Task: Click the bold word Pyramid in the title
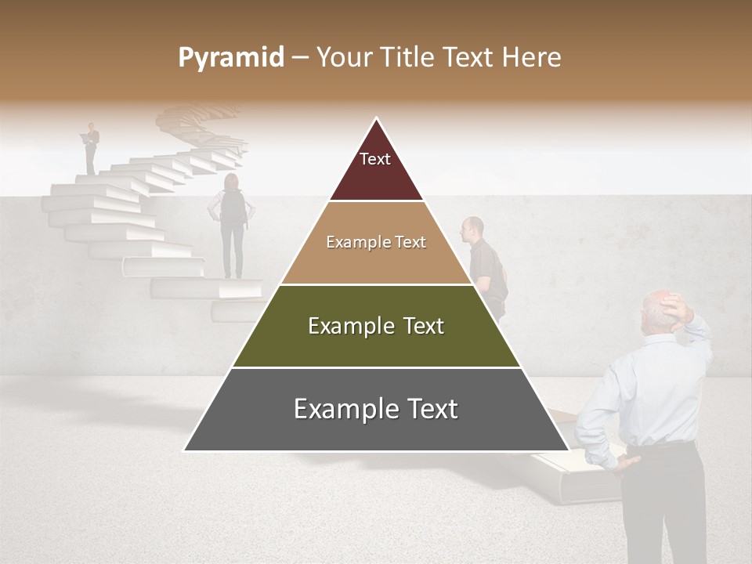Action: click(x=230, y=58)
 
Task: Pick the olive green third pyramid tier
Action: click(x=376, y=345)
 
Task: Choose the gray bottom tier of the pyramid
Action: click(x=376, y=427)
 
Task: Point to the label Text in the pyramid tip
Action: click(x=375, y=159)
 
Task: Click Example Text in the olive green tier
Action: click(x=376, y=326)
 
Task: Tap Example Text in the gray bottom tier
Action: click(x=376, y=409)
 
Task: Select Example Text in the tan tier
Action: click(x=376, y=242)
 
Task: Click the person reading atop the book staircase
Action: click(x=92, y=147)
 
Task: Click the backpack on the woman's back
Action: click(x=233, y=207)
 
